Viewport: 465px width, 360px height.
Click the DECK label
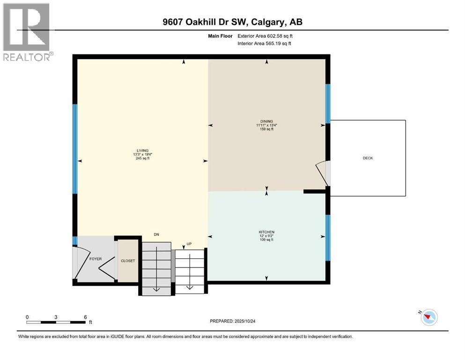pyautogui.click(x=368, y=158)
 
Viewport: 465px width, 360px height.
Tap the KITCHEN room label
pyautogui.click(x=266, y=232)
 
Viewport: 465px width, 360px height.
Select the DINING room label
pyautogui.click(x=267, y=121)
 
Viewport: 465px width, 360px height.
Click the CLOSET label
pyautogui.click(x=128, y=261)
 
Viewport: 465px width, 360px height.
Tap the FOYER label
pyautogui.click(x=96, y=259)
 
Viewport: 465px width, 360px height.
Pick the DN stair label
pyautogui.click(x=157, y=235)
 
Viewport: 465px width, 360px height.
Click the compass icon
pyautogui.click(x=428, y=317)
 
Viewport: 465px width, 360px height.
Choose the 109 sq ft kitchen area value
pyautogui.click(x=266, y=240)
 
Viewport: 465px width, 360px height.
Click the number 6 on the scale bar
pyautogui.click(x=85, y=317)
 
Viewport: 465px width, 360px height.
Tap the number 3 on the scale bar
pyautogui.click(x=56, y=317)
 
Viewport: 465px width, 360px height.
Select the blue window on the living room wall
pyautogui.click(x=74, y=149)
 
